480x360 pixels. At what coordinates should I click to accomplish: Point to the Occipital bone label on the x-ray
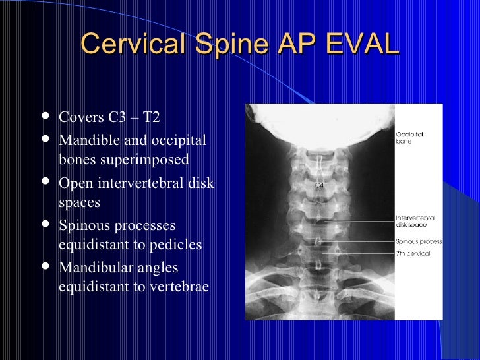coord(409,137)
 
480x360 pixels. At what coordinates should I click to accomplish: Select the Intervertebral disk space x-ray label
coord(415,221)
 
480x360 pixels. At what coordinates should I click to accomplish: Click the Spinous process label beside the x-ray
coord(419,241)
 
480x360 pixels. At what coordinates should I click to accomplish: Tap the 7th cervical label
coord(413,253)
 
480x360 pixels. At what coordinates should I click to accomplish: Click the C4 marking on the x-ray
coord(319,186)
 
